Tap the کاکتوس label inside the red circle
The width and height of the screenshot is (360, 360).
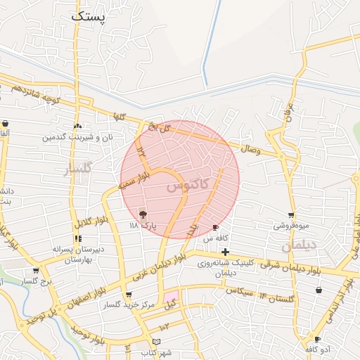(x=188, y=186)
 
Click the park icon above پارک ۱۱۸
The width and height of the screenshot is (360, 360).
(x=143, y=214)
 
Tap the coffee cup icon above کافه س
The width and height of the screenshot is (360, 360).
(x=216, y=227)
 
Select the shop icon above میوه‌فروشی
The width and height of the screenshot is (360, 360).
(x=291, y=215)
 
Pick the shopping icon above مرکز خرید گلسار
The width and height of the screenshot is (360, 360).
(x=128, y=295)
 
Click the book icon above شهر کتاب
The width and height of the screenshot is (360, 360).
(x=166, y=341)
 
